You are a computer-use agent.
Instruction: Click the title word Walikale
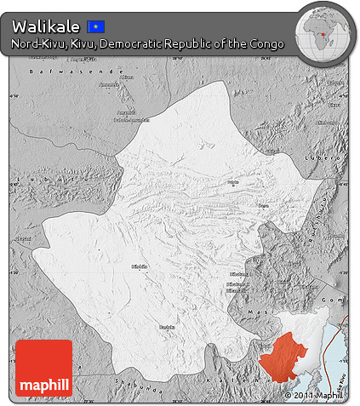click(46, 27)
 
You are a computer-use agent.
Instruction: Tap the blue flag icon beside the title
click(96, 27)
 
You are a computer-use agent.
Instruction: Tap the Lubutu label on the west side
click(24, 240)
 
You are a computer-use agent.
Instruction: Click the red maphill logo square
click(43, 368)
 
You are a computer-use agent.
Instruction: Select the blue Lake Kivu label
click(341, 375)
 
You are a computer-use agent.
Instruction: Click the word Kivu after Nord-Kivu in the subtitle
click(83, 44)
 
